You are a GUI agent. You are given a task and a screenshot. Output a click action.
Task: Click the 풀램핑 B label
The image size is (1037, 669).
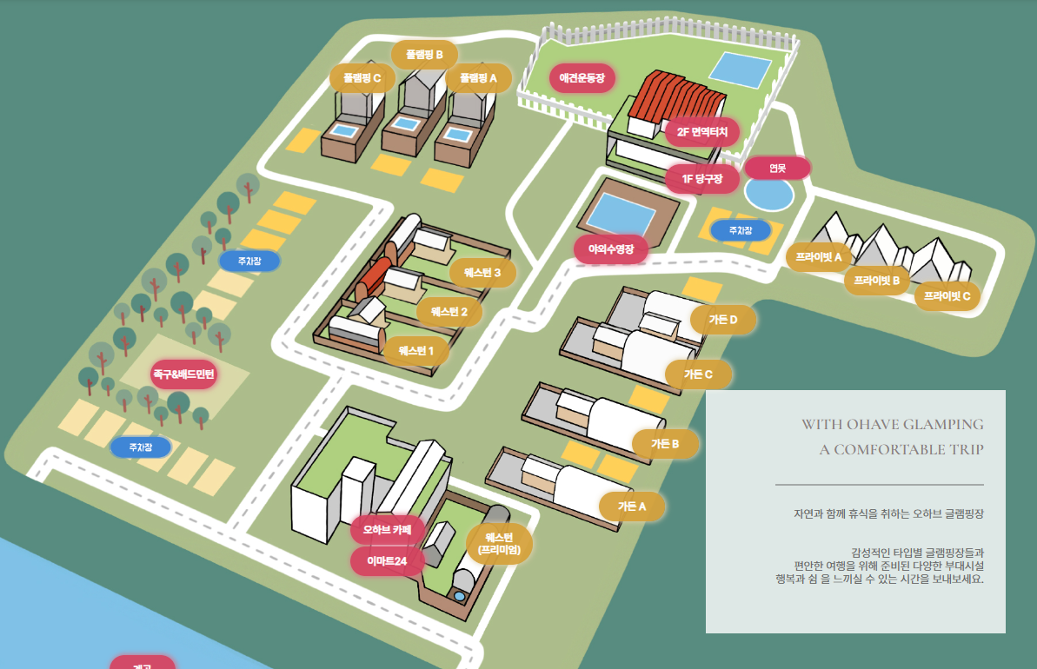click(418, 55)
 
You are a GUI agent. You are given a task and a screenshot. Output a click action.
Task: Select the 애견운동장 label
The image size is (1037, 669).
click(582, 78)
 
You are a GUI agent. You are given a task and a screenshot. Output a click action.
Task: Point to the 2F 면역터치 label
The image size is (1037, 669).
click(701, 132)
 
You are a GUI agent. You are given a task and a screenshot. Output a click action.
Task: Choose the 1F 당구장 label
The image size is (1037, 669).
click(703, 179)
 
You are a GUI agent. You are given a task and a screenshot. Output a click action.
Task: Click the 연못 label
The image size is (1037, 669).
click(777, 169)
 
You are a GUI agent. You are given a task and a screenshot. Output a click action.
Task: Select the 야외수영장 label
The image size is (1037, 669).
click(611, 248)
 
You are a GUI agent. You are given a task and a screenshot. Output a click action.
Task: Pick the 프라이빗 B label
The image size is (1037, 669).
click(876, 281)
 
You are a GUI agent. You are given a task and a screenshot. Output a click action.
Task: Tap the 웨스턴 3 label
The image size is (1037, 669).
click(482, 273)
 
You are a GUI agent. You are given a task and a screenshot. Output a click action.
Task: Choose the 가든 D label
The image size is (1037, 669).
click(722, 320)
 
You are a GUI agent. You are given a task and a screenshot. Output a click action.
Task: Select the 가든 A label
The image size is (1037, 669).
click(632, 506)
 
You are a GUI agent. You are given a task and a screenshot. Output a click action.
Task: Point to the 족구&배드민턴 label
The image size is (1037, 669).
click(183, 374)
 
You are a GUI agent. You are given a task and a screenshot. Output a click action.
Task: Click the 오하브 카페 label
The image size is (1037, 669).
click(387, 529)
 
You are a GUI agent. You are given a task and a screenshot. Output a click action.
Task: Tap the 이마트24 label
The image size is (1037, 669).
click(387, 561)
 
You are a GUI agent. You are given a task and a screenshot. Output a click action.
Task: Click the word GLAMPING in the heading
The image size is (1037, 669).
click(942, 424)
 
